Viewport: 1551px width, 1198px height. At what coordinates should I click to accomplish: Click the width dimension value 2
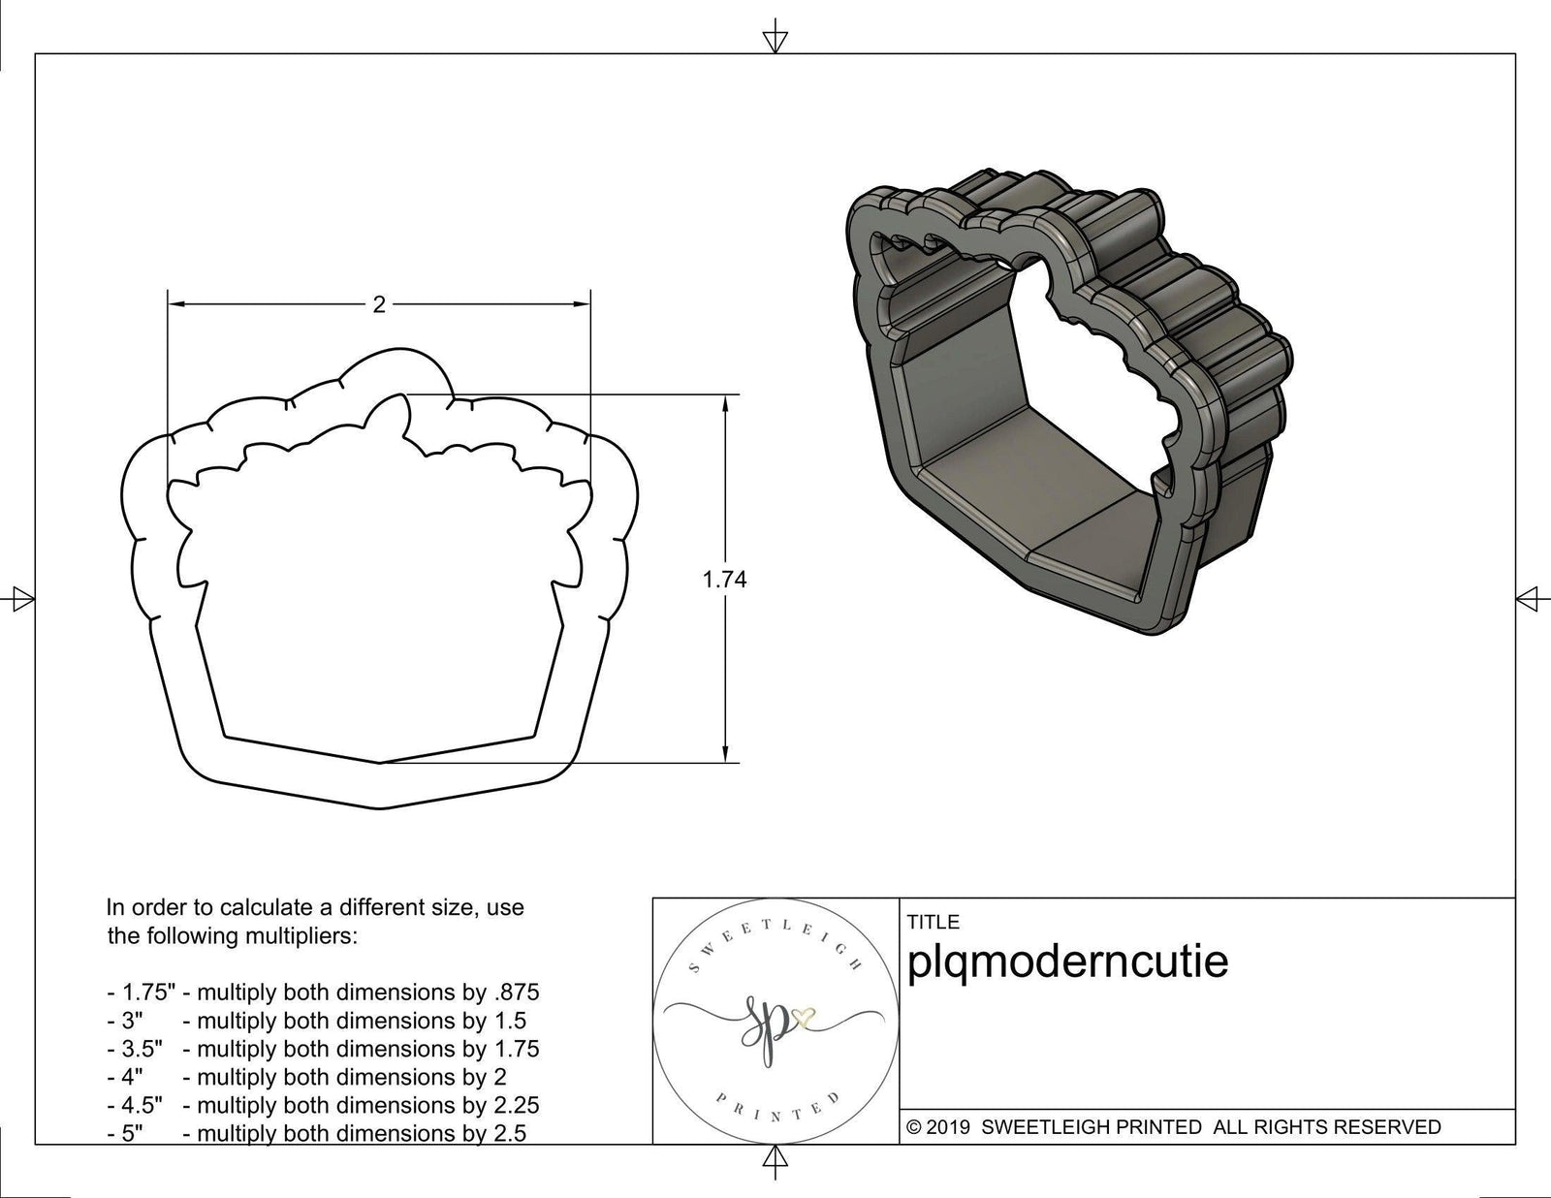click(379, 305)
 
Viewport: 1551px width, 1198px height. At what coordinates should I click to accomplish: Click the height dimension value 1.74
click(724, 580)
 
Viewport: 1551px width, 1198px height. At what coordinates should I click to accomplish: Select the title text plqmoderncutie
click(1067, 962)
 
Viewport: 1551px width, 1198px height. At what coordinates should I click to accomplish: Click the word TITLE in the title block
click(933, 922)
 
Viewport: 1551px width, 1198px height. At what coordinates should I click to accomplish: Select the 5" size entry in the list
click(133, 1133)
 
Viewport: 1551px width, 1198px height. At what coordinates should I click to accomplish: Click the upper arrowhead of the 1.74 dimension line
click(724, 404)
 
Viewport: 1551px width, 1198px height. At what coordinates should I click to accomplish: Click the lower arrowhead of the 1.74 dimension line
click(724, 753)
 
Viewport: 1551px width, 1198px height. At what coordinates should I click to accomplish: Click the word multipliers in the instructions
click(303, 937)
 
